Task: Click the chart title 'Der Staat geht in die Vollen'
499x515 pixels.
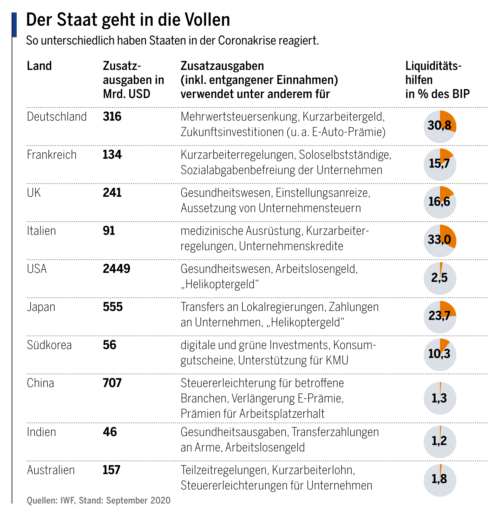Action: tap(128, 20)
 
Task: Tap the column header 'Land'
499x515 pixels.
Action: tap(39, 66)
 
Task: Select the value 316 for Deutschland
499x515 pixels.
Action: tap(112, 116)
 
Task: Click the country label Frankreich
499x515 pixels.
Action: tap(51, 155)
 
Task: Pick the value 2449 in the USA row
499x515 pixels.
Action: tap(116, 269)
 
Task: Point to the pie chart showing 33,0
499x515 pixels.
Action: tap(439, 240)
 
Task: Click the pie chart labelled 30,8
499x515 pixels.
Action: tap(439, 126)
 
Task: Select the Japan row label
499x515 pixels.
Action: tap(41, 307)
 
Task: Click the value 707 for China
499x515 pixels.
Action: tap(112, 383)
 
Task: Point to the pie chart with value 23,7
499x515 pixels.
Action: tap(439, 317)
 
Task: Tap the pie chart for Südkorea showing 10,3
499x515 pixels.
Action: tap(439, 355)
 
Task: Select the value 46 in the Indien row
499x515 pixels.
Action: tap(110, 432)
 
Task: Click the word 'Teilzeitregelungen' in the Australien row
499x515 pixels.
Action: tap(224, 470)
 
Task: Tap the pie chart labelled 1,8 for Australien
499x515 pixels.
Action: tap(439, 480)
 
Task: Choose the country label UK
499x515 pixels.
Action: tap(34, 193)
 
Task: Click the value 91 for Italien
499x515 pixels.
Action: tap(109, 230)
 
